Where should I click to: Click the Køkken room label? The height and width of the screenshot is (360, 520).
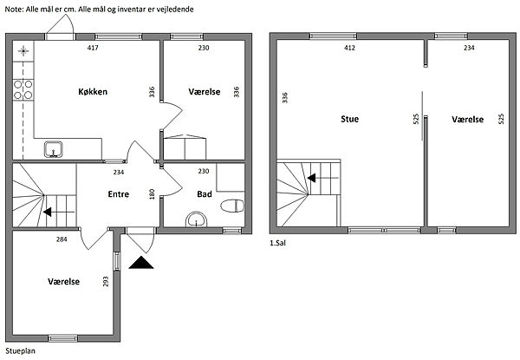click(x=93, y=92)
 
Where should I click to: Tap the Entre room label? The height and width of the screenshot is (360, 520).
click(x=119, y=194)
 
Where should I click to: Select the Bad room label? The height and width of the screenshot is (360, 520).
click(x=205, y=194)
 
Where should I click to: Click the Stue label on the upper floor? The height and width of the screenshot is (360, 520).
click(x=350, y=119)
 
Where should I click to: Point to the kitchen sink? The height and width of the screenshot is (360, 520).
click(x=54, y=149)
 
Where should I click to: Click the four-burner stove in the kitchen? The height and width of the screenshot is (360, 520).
click(x=23, y=90)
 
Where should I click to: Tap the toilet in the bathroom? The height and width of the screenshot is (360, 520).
click(x=232, y=206)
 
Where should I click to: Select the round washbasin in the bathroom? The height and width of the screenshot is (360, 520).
click(x=197, y=219)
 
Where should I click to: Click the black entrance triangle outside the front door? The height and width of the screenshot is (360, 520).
click(x=141, y=263)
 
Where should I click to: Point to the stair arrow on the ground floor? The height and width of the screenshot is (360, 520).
click(x=59, y=212)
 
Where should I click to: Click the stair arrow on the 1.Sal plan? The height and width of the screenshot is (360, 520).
click(x=322, y=178)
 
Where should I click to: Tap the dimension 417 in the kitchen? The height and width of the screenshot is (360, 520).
click(x=93, y=48)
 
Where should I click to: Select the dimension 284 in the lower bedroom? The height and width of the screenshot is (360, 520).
click(x=62, y=239)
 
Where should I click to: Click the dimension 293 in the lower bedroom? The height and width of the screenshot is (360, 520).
click(x=106, y=282)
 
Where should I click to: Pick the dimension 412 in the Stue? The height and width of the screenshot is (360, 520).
click(x=349, y=48)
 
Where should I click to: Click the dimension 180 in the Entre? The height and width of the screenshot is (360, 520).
click(x=152, y=194)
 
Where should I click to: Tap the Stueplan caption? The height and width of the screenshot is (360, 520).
click(x=20, y=351)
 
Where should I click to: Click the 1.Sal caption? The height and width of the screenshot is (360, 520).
click(x=277, y=243)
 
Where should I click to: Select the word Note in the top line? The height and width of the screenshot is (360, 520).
click(x=14, y=10)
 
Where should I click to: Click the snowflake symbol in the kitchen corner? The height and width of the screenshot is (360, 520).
click(x=23, y=51)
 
